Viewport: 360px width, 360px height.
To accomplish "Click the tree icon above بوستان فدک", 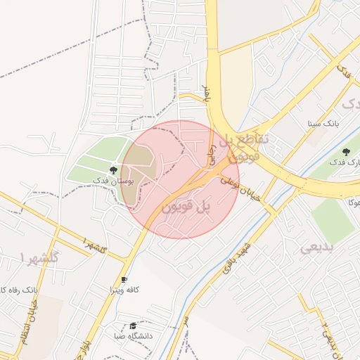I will point(113,170).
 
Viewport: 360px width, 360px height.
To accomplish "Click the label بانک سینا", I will point(323,123).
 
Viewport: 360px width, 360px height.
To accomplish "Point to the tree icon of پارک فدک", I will point(346,152).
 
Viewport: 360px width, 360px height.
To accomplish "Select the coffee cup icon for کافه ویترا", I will point(124,279).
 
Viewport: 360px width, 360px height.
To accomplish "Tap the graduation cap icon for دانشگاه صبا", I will point(133,326).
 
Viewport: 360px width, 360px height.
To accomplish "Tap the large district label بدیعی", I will point(320,247).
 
